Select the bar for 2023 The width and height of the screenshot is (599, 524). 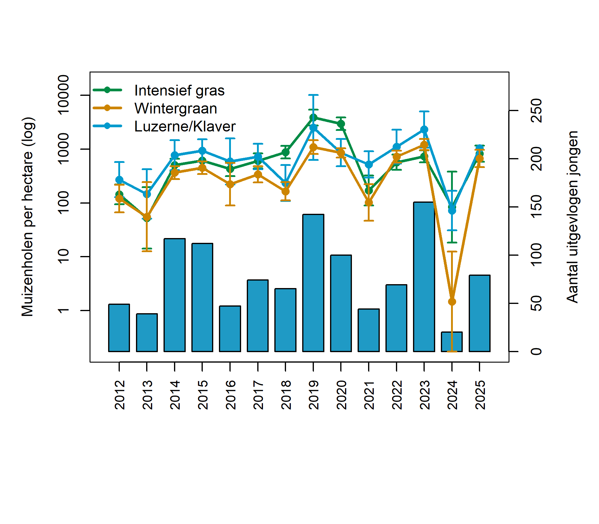(424, 277)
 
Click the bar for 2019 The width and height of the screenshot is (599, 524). (313, 283)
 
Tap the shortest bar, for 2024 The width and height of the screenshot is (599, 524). (452, 342)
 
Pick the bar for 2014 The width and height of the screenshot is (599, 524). (175, 295)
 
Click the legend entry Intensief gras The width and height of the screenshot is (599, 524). (179, 90)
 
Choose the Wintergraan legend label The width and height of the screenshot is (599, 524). (176, 108)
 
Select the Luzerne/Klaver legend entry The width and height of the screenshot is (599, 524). (185, 126)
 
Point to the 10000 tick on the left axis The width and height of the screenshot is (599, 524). (63, 95)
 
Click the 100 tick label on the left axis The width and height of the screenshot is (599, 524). (63, 203)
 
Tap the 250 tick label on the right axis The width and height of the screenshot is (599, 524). (536, 111)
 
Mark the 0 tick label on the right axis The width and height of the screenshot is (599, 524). (536, 352)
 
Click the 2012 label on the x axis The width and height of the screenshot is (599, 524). (120, 395)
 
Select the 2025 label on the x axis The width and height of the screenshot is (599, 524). (480, 395)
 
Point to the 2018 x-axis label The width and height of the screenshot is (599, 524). (286, 395)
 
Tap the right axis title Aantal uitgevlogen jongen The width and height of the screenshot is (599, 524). (572, 216)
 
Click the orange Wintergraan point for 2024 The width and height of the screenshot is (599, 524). (452, 302)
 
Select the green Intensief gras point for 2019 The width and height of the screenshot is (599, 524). (313, 118)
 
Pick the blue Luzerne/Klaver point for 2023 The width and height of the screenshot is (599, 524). (424, 129)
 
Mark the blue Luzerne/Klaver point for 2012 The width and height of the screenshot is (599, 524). (119, 180)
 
